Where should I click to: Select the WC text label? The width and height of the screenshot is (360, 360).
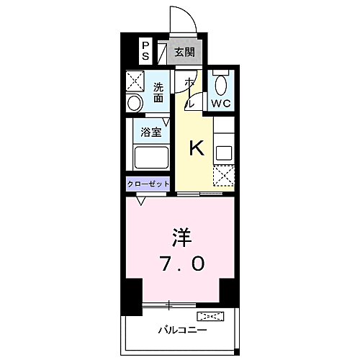coord(220,103)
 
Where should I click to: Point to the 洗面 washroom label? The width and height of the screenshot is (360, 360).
coord(158,92)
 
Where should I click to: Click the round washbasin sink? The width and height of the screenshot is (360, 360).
coord(135,104)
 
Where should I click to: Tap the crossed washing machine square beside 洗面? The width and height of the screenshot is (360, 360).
coord(135,80)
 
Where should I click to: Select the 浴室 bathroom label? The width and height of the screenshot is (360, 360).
coord(150,132)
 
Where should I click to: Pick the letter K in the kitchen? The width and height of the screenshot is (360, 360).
coord(197,148)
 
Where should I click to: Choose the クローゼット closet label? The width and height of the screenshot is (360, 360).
coord(148,184)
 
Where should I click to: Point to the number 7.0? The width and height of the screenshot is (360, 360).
coord(181,264)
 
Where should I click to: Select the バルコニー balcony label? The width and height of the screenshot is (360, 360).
coord(183,330)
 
